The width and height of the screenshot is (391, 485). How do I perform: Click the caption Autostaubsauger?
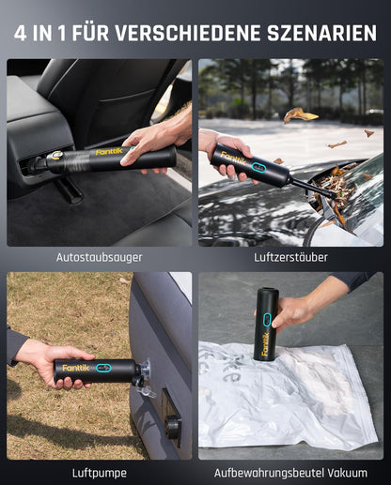point(99,256)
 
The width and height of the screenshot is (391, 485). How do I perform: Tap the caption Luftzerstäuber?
point(290,256)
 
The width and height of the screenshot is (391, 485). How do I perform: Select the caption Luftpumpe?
point(99,472)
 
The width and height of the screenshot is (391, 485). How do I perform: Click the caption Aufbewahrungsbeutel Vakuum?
point(290,472)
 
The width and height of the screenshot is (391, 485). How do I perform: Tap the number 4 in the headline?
point(21,33)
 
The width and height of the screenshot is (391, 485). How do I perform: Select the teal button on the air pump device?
point(100,368)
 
